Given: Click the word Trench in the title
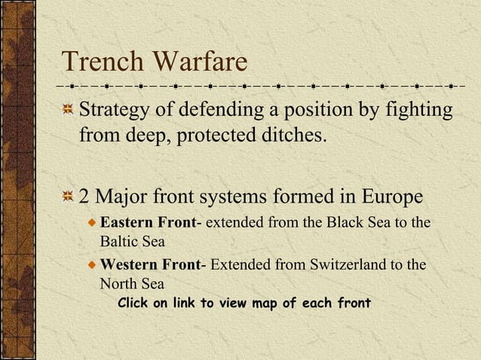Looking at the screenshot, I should click(x=100, y=61).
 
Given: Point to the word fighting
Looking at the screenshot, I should click(x=417, y=111).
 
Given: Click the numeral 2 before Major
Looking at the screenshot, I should click(x=84, y=197).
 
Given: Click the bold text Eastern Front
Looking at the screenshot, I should click(x=148, y=224).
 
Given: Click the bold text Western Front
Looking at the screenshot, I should click(x=150, y=265).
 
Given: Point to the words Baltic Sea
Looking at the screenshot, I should click(x=132, y=243).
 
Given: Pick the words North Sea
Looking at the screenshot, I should click(x=132, y=284).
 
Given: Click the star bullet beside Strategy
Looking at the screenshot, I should click(x=69, y=111).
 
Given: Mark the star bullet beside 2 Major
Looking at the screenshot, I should click(x=69, y=198).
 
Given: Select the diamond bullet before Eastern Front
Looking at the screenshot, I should click(x=92, y=224).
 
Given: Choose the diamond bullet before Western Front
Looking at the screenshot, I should click(x=92, y=266).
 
